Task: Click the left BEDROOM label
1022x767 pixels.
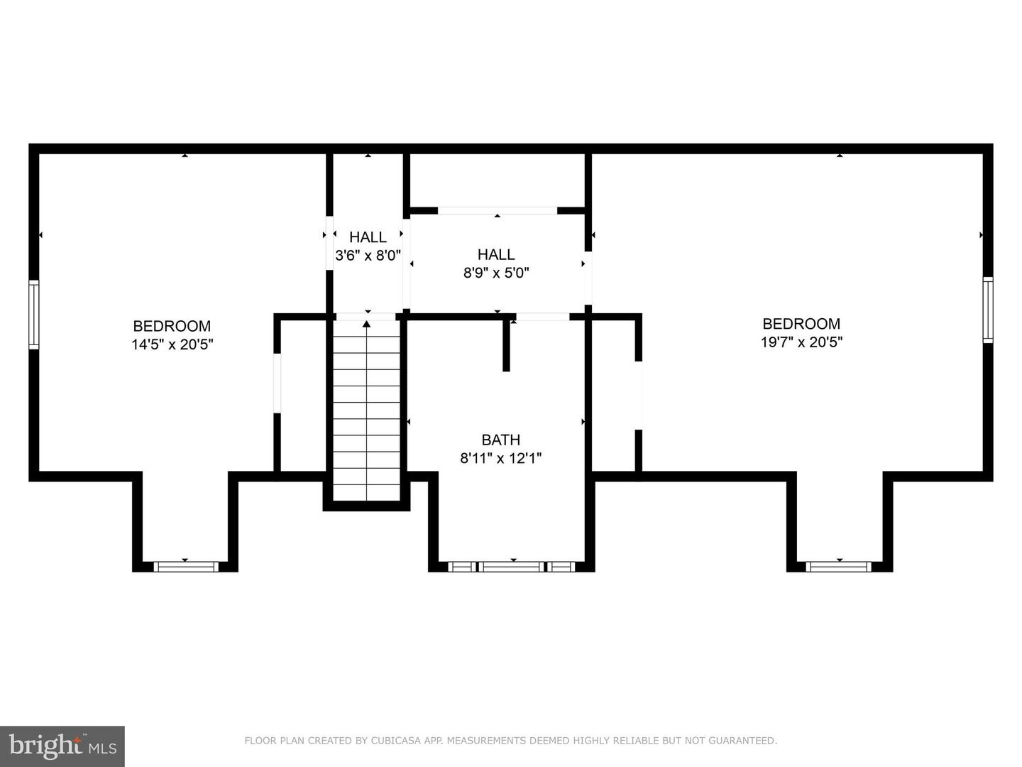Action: coord(172,326)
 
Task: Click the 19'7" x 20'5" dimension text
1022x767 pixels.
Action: coord(801,342)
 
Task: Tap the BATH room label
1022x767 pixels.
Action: coord(500,440)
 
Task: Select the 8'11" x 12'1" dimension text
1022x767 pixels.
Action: coord(500,459)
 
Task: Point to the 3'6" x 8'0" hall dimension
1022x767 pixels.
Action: coord(368,256)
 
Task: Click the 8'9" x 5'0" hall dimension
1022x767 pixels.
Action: coord(496,273)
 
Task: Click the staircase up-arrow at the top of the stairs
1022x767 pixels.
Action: coord(367,325)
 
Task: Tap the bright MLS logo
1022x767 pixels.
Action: coord(62,746)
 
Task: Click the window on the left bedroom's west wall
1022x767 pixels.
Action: coord(33,315)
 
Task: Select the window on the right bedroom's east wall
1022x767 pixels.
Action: coord(988,310)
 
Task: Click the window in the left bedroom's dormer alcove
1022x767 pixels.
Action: coord(185,566)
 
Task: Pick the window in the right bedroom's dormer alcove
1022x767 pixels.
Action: coord(839,566)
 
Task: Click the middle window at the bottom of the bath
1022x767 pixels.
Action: coord(512,566)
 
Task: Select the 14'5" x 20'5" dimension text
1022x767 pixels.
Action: coord(172,345)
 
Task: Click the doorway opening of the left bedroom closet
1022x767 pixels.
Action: coord(278,383)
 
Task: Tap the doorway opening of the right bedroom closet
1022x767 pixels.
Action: coord(638,396)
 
